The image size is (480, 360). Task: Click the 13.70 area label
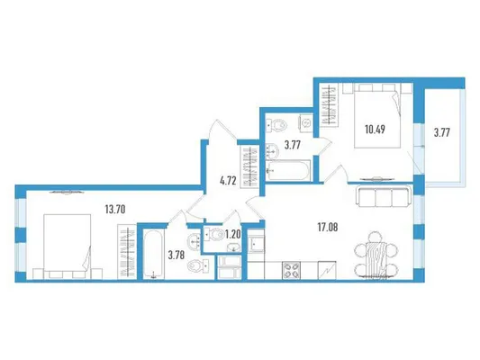click(x=115, y=210)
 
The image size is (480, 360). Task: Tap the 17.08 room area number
click(x=328, y=228)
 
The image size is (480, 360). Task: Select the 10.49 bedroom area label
click(x=375, y=130)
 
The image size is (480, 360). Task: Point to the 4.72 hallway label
click(x=228, y=181)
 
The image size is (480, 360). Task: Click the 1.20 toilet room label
click(x=233, y=235)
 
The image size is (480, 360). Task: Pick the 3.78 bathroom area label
click(x=177, y=255)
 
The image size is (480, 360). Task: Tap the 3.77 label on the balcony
click(x=442, y=132)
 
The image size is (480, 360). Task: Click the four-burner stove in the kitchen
click(x=291, y=270)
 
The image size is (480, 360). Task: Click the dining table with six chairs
click(x=376, y=256)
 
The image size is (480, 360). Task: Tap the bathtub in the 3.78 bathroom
click(x=154, y=254)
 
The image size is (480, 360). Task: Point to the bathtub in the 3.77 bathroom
click(x=288, y=171)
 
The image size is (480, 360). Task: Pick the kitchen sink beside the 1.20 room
click(x=256, y=244)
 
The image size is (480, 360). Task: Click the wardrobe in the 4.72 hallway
click(x=250, y=167)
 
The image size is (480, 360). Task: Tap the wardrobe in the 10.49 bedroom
click(x=330, y=105)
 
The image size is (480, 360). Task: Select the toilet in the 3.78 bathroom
click(x=198, y=265)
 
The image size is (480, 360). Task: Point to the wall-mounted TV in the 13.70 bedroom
click(x=66, y=192)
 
